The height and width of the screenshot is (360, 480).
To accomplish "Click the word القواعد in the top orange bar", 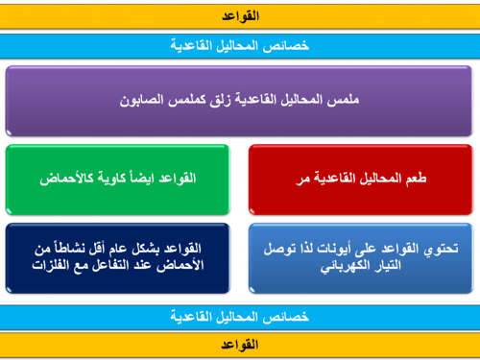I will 240,17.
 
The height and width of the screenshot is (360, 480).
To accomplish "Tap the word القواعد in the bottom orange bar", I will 240,343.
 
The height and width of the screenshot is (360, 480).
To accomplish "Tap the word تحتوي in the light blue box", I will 441,249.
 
